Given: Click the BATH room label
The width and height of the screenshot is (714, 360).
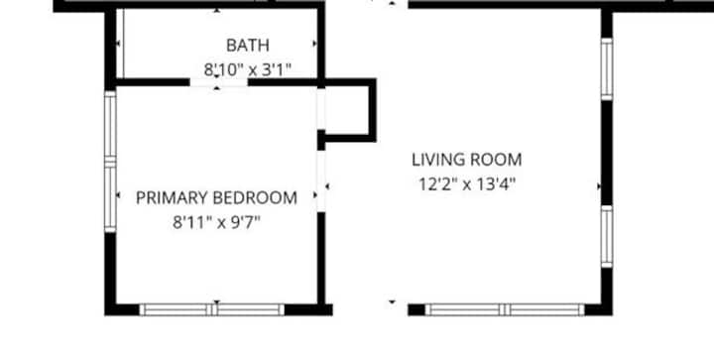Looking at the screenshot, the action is (248, 45).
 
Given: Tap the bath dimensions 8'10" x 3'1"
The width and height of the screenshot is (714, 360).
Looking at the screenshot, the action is (247, 70).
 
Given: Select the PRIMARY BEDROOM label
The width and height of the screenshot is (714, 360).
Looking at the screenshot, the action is (217, 198).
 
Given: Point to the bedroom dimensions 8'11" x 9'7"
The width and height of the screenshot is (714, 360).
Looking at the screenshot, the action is (217, 222).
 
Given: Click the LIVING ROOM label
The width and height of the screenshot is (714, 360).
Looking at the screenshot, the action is (467, 160).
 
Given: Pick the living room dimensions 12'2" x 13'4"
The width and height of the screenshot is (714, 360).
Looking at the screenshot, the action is (467, 184).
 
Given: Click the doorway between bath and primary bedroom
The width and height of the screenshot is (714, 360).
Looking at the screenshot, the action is (218, 82).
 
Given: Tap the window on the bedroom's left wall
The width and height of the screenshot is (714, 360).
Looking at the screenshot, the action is (110, 162).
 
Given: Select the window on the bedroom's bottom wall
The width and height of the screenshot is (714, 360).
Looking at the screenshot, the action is (212, 310).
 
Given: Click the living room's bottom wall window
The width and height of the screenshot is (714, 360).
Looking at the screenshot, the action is (505, 310).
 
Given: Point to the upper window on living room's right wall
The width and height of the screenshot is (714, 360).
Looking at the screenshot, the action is (607, 69).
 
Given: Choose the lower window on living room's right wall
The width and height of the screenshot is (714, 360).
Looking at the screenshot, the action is (607, 237).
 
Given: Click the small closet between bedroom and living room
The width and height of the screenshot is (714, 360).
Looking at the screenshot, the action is (347, 109).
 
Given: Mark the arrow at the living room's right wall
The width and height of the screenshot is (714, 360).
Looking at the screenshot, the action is (599, 186).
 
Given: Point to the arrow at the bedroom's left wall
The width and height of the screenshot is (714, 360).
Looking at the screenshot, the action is (118, 195).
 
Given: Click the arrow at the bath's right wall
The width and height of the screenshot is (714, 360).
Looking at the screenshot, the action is (314, 44).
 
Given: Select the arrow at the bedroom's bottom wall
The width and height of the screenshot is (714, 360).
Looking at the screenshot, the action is (217, 301).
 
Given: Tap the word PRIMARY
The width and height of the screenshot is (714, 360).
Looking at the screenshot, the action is (172, 198).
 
